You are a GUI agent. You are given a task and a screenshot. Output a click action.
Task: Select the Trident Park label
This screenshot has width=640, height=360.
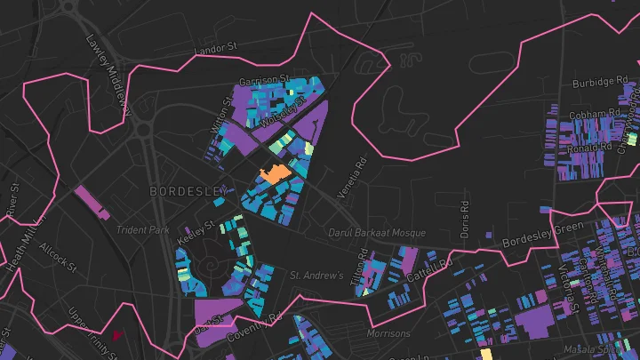142,230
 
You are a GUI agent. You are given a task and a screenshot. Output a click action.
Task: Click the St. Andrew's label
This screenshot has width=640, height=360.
316,276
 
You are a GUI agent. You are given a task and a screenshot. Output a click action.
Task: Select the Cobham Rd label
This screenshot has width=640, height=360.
596,114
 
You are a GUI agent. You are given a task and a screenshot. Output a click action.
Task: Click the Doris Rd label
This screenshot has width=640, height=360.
464,218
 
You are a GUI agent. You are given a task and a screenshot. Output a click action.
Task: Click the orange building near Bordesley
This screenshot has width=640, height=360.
274,173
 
